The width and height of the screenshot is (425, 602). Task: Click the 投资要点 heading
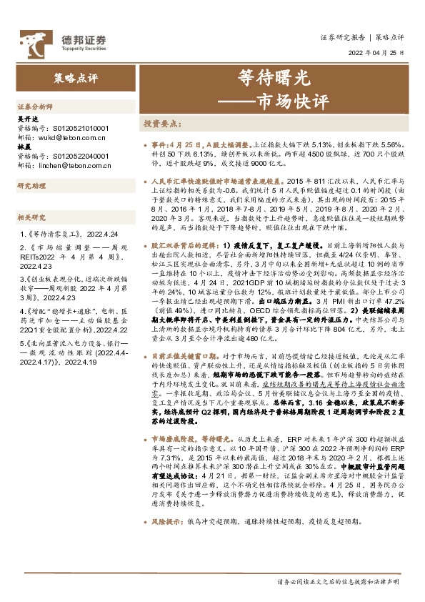[164, 123]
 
